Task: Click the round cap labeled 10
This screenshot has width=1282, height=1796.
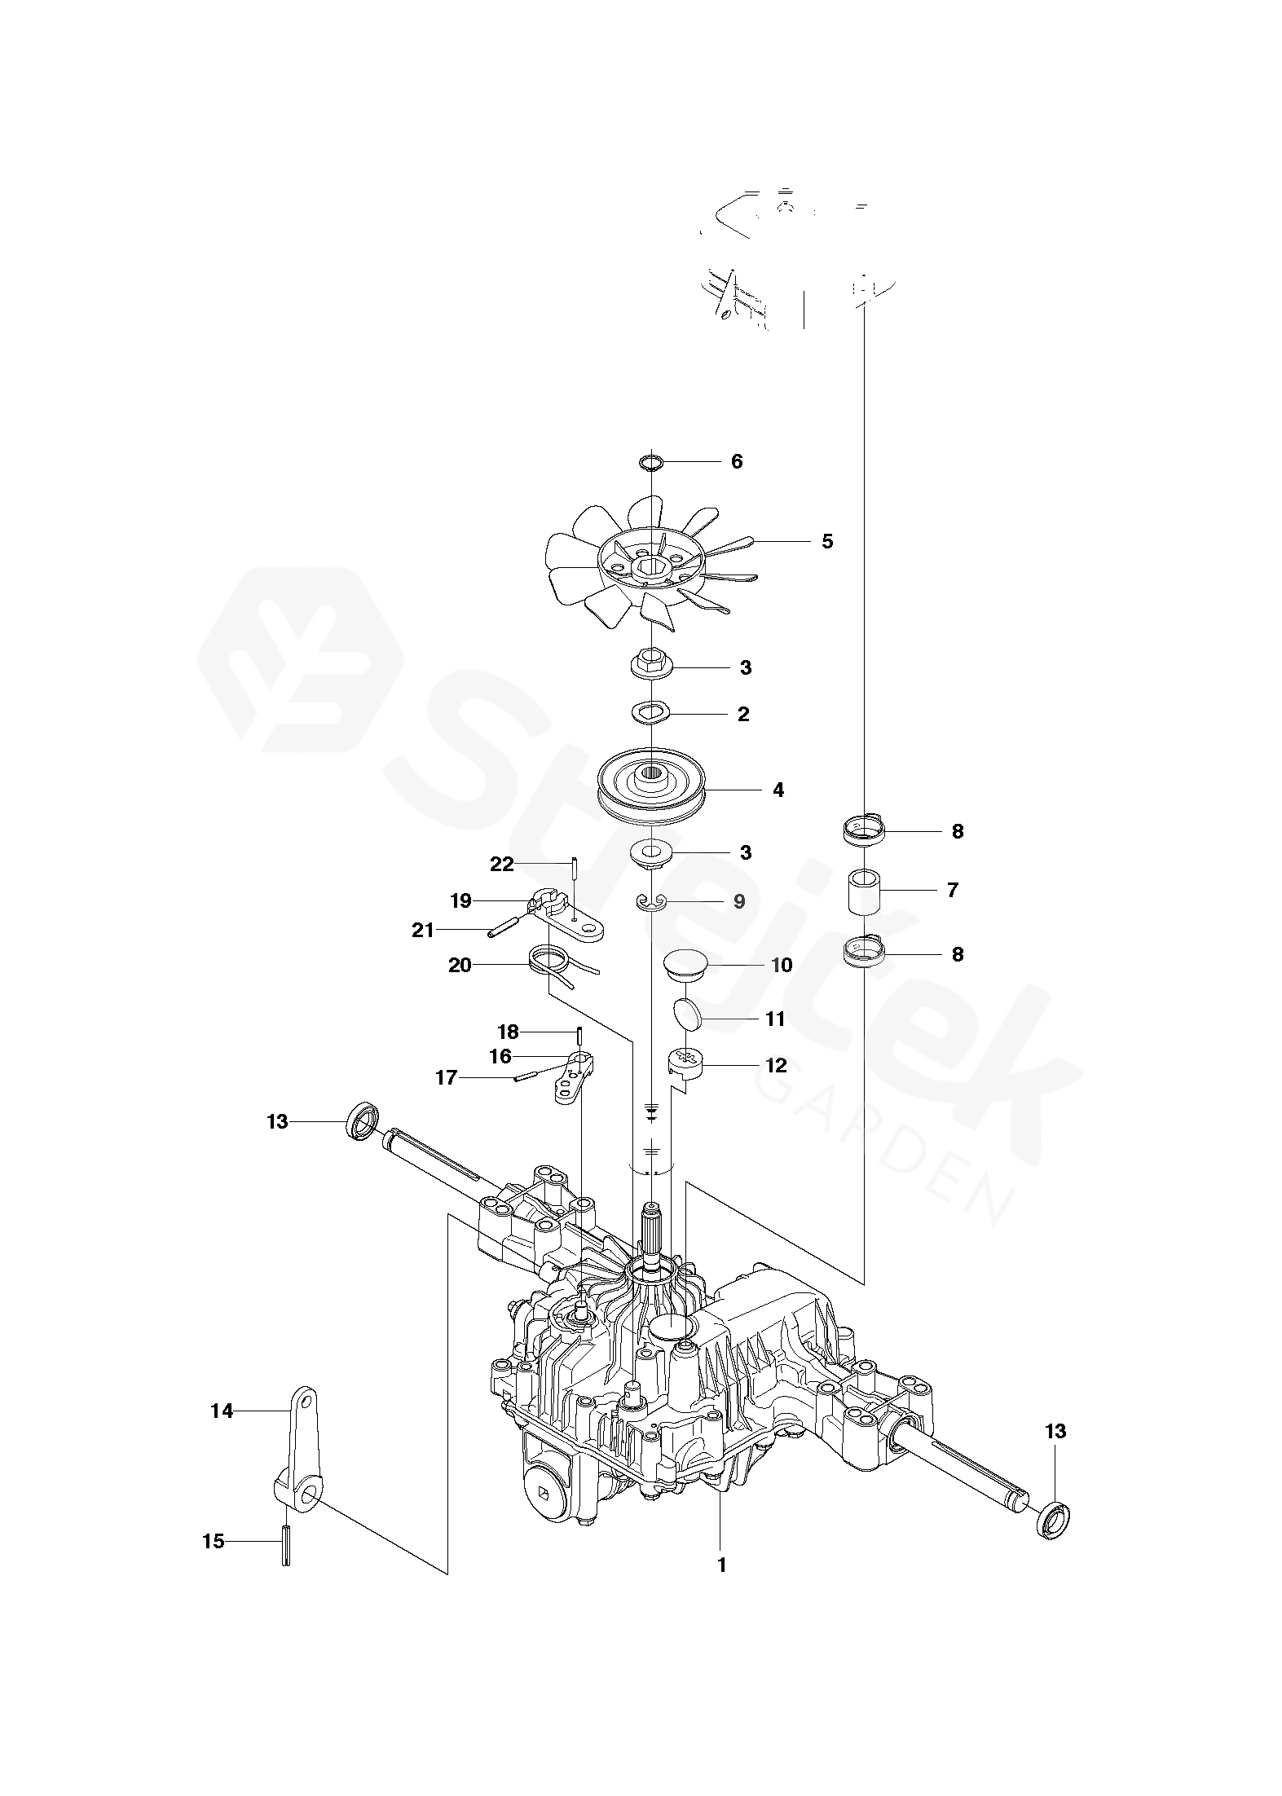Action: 685,965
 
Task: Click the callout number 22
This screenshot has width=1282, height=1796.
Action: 502,865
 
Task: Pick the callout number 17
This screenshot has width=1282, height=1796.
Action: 447,1079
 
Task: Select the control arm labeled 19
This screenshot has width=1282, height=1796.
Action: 571,917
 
